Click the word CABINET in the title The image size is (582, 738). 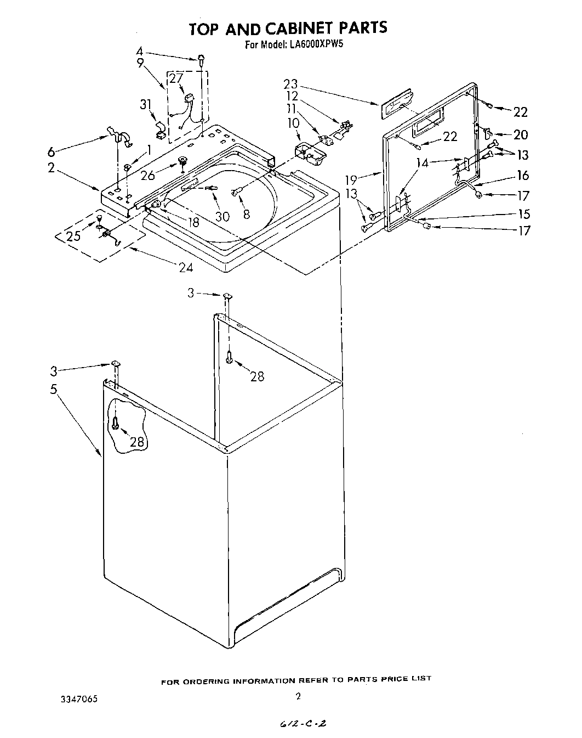[x=298, y=29]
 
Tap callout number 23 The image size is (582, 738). [x=290, y=84]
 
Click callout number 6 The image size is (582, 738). [x=52, y=151]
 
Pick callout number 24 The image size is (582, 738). [x=186, y=267]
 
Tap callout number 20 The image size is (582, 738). [x=520, y=135]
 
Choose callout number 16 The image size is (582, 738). [x=523, y=175]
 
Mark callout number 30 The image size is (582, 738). [x=222, y=217]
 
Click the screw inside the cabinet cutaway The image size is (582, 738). [x=115, y=422]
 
